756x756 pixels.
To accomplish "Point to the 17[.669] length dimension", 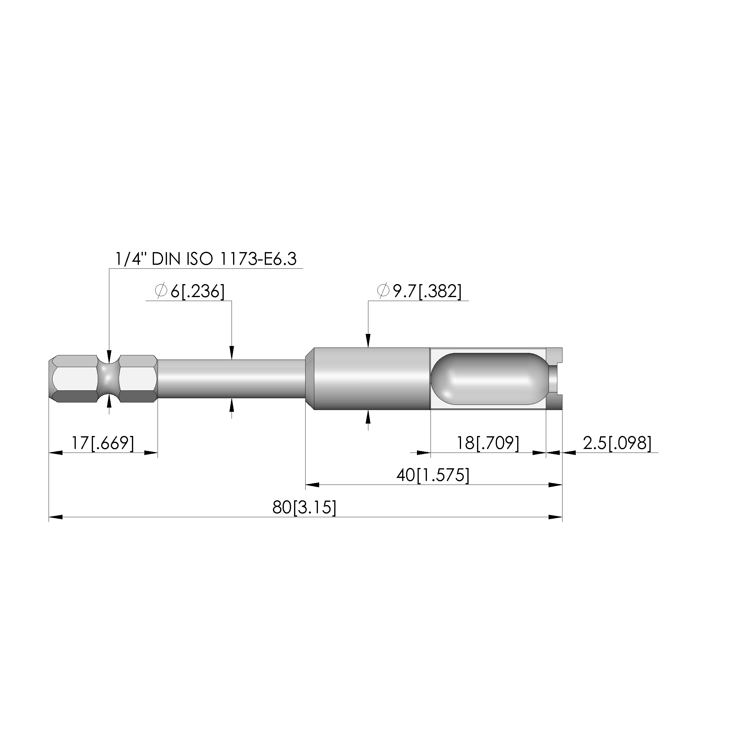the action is click(x=103, y=443).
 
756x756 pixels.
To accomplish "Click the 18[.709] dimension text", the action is click(x=488, y=443).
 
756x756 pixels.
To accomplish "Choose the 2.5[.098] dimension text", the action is click(x=617, y=443).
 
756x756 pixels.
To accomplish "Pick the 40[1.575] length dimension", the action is click(x=433, y=476).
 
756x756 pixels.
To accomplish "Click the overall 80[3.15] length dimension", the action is click(x=304, y=508).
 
